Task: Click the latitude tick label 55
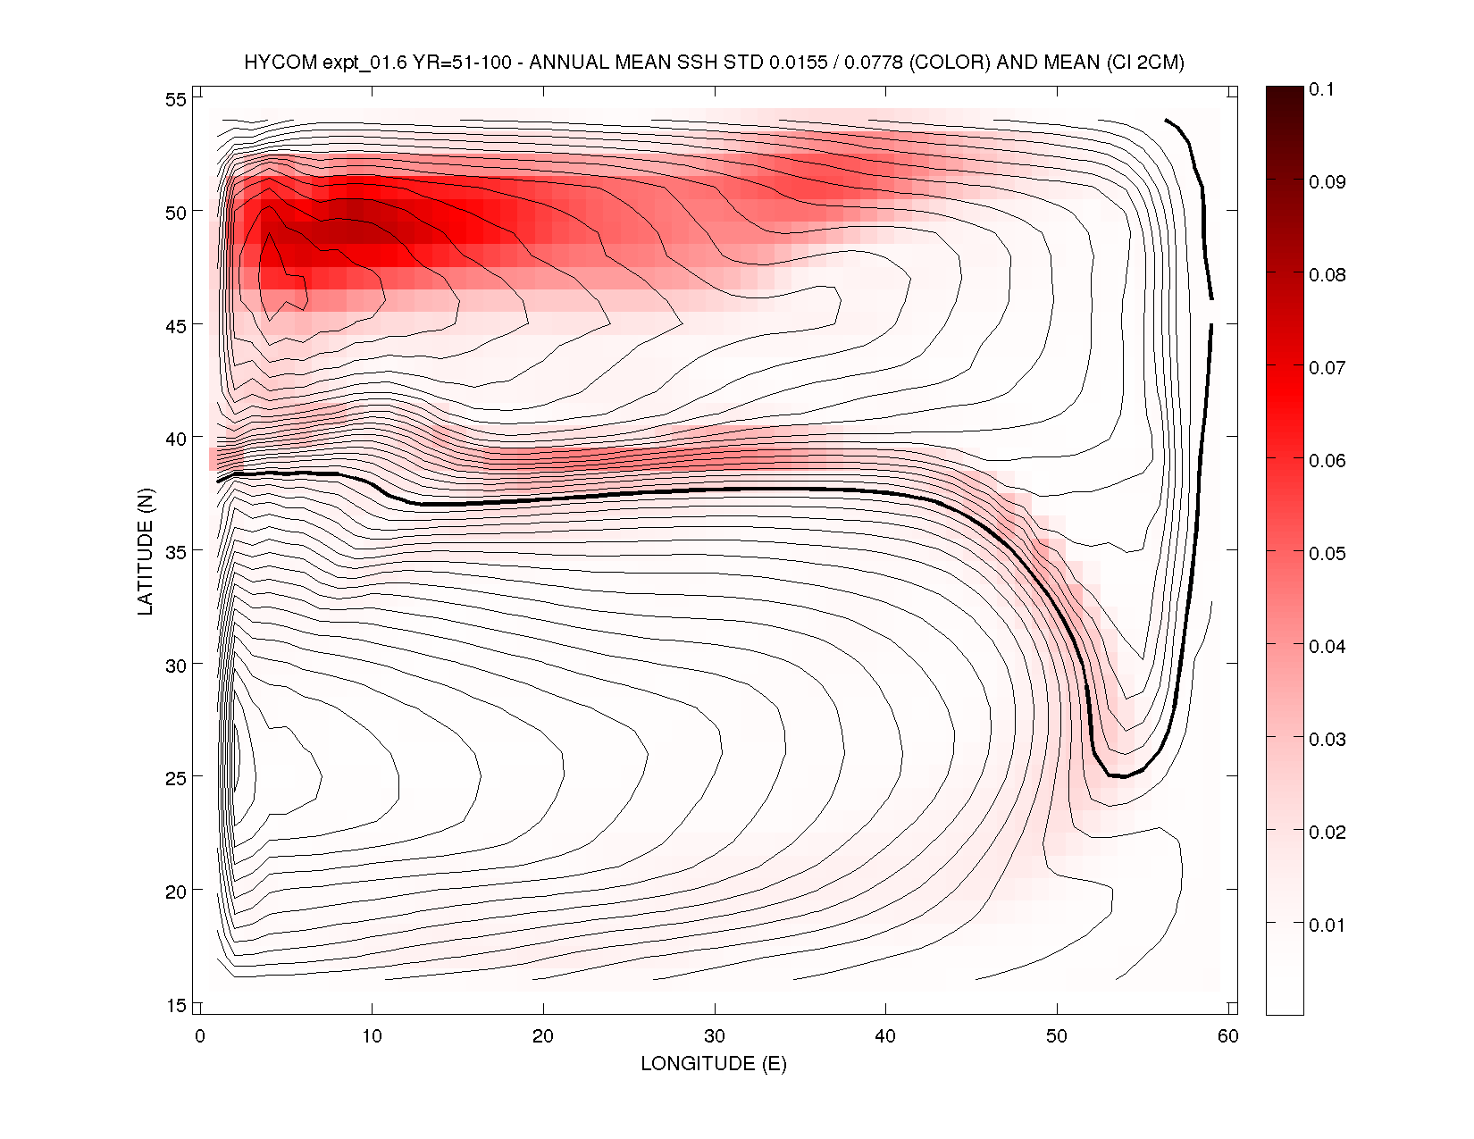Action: coord(176,99)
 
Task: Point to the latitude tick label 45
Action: coord(176,326)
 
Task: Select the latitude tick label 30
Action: coord(176,666)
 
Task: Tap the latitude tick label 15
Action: coord(176,1005)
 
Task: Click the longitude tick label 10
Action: coord(372,1036)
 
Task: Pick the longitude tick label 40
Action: coord(885,1036)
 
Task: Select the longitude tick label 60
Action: coord(1228,1036)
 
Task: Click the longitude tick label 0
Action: coord(200,1036)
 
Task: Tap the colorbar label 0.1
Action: coord(1321,89)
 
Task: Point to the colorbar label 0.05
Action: coord(1327,554)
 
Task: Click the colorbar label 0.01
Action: coord(1327,925)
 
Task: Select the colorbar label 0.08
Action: coord(1327,275)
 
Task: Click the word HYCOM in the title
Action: coord(281,63)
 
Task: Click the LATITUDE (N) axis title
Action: coord(146,551)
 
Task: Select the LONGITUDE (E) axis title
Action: coord(714,1064)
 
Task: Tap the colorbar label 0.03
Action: coord(1327,740)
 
